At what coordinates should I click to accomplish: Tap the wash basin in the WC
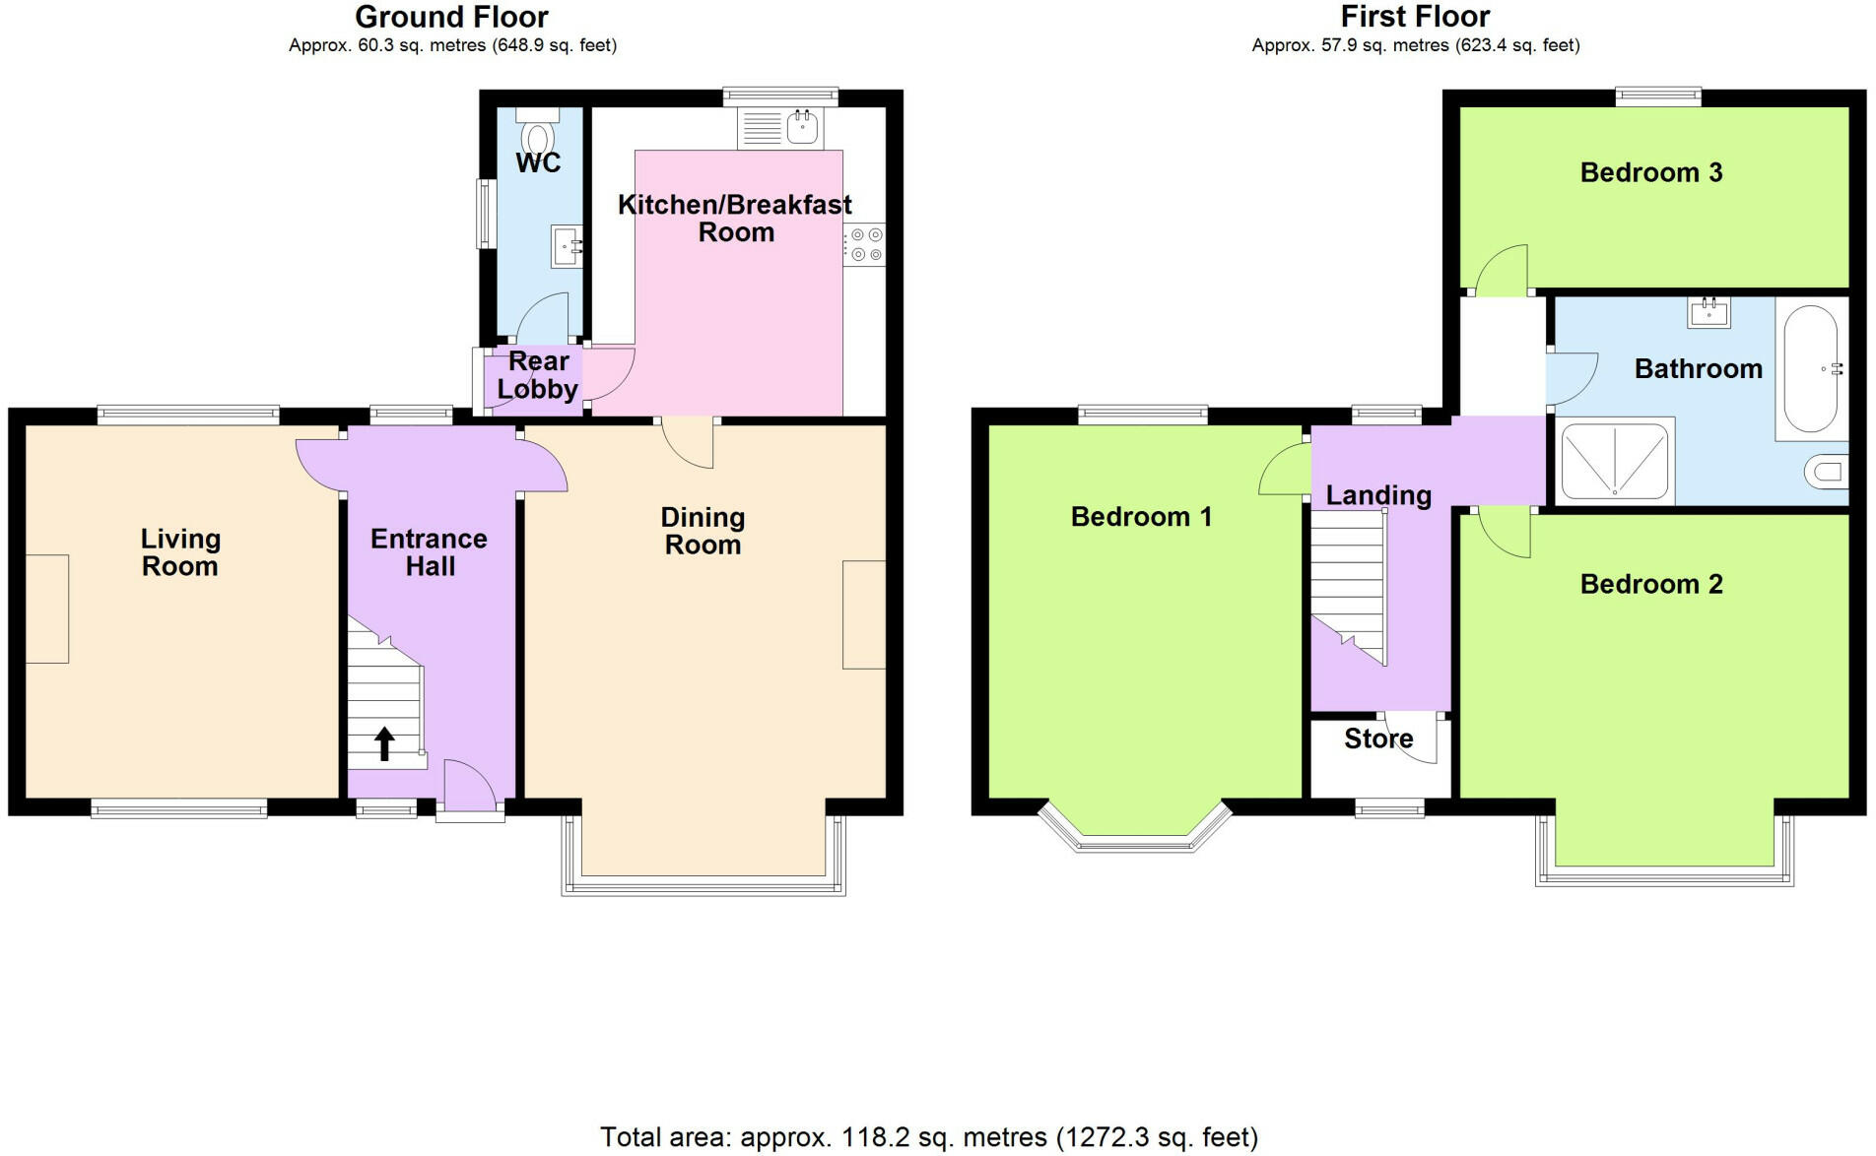click(568, 246)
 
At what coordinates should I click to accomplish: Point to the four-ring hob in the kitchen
click(865, 244)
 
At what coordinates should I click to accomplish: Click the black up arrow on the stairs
click(384, 744)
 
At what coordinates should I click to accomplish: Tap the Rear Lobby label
click(538, 375)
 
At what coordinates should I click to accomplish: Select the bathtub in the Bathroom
click(1810, 369)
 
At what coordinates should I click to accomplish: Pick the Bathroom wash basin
click(1709, 313)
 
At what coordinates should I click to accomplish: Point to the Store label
click(1378, 739)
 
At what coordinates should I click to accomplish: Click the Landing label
click(1378, 495)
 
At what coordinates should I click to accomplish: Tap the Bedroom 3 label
click(1651, 172)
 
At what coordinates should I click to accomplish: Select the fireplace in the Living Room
click(47, 609)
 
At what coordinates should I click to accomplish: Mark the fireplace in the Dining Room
click(864, 614)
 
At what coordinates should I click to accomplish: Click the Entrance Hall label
click(430, 552)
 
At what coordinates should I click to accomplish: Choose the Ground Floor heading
click(451, 17)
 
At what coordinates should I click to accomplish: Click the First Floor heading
click(1415, 17)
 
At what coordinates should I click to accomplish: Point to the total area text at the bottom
click(929, 1137)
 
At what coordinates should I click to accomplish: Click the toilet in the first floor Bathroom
click(1827, 473)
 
